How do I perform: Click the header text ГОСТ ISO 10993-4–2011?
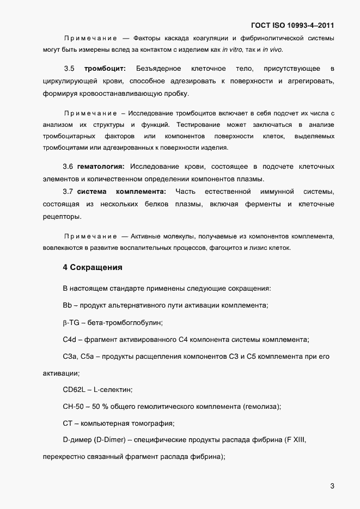[292, 25]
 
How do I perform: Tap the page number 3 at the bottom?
[332, 486]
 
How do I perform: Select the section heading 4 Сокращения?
[93, 267]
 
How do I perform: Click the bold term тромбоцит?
[105, 69]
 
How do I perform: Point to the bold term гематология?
[101, 166]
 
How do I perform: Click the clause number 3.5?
[69, 69]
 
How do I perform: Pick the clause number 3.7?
[68, 191]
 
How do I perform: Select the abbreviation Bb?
[68, 305]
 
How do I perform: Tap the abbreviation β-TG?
[71, 322]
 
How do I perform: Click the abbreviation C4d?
[70, 340]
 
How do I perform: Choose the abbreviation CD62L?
[74, 390]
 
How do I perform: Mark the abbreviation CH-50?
[74, 407]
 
